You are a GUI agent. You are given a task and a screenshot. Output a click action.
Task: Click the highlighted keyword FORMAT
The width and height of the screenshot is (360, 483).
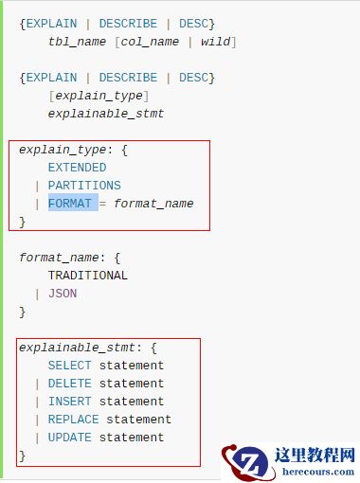73,204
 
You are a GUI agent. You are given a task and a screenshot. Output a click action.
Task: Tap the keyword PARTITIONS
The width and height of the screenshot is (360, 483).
84,186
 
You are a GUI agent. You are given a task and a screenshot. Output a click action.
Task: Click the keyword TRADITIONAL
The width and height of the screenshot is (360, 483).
87,276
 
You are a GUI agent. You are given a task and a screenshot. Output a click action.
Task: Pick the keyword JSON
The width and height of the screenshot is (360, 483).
63,294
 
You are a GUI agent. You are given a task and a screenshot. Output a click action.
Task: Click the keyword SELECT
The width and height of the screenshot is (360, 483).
70,366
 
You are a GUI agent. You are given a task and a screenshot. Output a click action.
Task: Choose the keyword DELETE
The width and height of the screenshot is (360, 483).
70,384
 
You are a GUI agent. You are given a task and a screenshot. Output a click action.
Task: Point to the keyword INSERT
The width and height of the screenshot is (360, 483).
70,402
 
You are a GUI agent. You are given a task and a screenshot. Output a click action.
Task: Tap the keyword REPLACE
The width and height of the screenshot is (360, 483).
73,420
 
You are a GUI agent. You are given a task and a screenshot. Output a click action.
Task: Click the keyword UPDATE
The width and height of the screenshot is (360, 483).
70,438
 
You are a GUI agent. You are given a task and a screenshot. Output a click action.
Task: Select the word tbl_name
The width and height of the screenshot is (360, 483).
77,43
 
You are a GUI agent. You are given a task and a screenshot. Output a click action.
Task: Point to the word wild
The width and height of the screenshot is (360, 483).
215,43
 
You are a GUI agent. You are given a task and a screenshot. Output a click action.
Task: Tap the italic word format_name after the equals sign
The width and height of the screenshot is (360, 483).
153,204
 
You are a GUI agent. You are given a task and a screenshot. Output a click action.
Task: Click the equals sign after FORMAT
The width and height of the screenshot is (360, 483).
103,204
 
